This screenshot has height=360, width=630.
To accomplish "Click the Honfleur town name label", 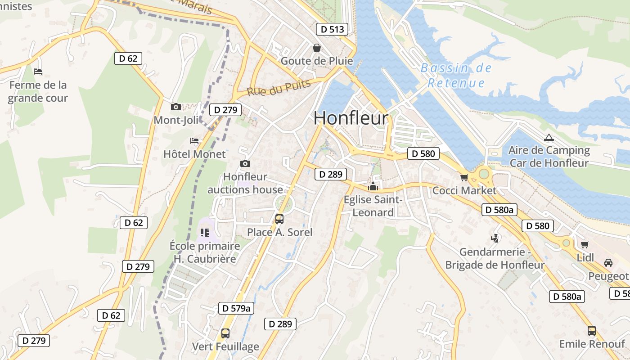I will [351, 118].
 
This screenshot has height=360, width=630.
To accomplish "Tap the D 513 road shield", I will [333, 30].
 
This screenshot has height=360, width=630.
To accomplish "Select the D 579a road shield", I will [236, 308].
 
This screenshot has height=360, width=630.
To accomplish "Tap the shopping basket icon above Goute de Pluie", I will [317, 48].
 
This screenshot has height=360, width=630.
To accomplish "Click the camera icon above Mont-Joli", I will [176, 107].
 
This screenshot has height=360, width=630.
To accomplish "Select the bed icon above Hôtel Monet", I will [194, 141].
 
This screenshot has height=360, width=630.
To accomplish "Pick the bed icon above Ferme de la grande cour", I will [38, 72].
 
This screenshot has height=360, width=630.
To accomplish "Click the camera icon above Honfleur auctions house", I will [245, 163].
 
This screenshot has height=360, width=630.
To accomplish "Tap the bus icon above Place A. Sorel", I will [279, 219].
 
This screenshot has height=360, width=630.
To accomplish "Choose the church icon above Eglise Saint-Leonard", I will [373, 186].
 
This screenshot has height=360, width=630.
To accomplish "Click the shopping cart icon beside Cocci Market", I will [464, 177].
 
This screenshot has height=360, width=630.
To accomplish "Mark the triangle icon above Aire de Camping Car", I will [549, 138].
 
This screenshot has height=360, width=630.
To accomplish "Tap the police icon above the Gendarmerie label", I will [495, 238].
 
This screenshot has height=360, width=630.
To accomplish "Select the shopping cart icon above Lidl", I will [585, 244].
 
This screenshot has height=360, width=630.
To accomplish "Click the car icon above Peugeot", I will [608, 263].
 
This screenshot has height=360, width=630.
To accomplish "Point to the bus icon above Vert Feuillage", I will [225, 333].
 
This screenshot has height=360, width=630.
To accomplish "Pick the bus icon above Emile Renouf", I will [592, 331].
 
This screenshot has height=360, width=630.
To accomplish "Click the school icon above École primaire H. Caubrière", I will [205, 233].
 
